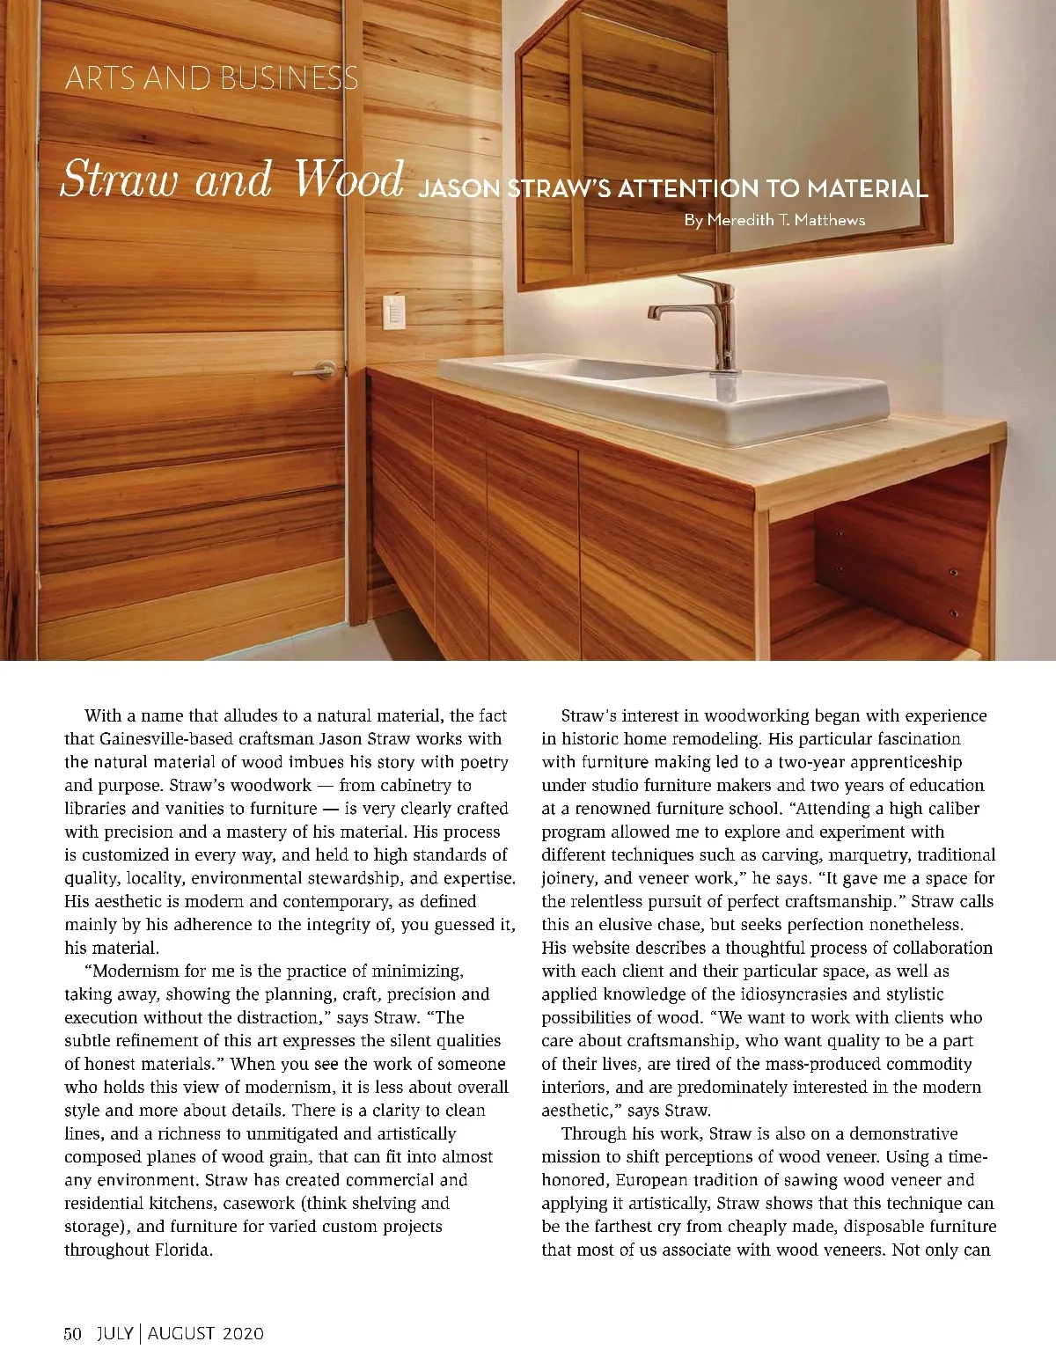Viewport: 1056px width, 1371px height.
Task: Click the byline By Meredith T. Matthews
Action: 774,220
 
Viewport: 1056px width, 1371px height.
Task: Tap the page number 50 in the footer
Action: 72,1333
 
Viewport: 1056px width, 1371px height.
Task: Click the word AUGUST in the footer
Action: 180,1333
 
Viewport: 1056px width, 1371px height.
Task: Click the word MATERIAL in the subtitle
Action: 867,188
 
